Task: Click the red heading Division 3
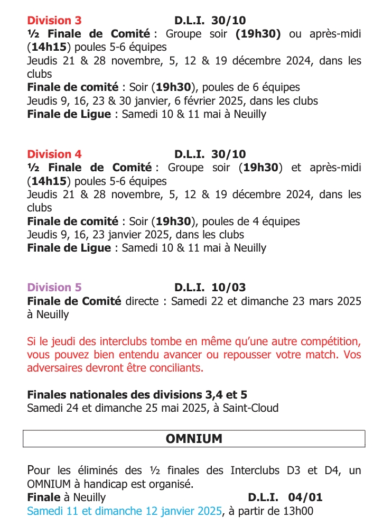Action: point(54,21)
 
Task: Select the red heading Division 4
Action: point(54,154)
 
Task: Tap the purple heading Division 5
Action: point(54,288)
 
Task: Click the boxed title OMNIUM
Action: point(194,439)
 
